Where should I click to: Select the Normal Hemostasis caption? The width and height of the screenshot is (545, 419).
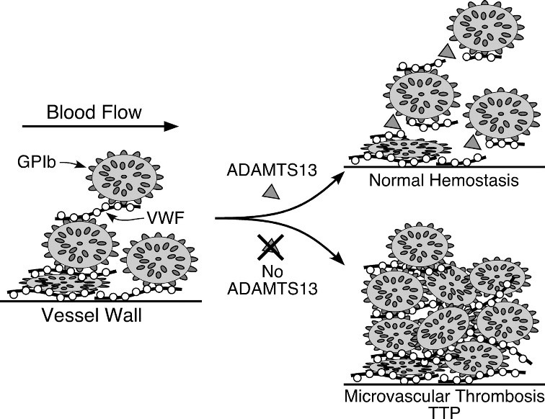443,180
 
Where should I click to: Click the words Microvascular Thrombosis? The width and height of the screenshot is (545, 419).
443,397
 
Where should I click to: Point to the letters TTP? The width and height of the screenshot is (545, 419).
443,413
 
